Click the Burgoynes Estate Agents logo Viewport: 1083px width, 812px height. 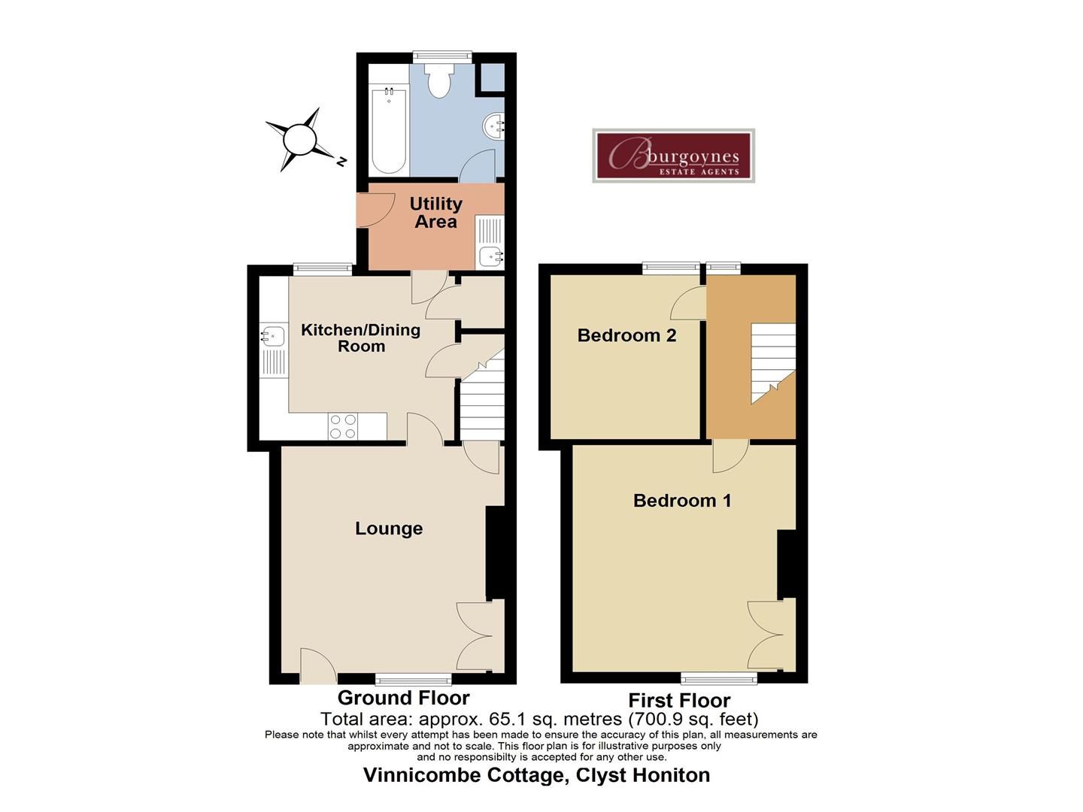(x=673, y=156)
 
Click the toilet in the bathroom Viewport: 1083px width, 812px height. (x=437, y=80)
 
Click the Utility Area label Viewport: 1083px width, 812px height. (x=435, y=213)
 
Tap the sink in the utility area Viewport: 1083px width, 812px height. (x=490, y=256)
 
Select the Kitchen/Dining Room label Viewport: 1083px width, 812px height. (x=360, y=338)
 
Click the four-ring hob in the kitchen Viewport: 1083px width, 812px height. (x=343, y=427)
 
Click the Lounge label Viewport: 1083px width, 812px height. (x=389, y=529)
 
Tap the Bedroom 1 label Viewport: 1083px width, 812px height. (x=682, y=501)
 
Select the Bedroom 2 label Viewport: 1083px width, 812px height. (x=626, y=335)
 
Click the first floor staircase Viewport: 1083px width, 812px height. (x=772, y=363)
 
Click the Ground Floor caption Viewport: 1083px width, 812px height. (x=403, y=698)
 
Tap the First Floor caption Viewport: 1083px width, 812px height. (x=679, y=701)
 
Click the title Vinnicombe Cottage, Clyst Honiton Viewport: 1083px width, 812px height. (x=536, y=775)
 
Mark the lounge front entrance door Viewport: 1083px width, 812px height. (x=317, y=666)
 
